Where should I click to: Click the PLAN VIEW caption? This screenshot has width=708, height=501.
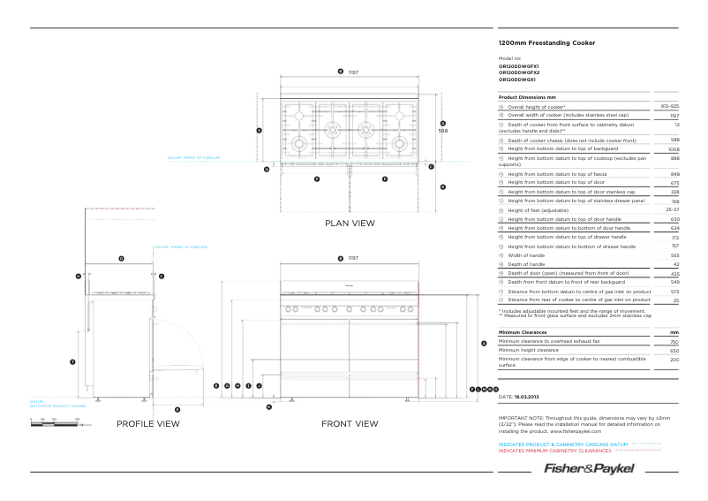pos(350,224)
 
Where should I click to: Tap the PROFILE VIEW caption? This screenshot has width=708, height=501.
pos(148,424)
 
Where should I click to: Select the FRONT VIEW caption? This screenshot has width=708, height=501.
pos(350,424)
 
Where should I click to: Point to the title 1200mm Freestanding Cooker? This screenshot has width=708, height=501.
pos(546,42)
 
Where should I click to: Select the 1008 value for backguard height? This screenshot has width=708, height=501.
pos(673,149)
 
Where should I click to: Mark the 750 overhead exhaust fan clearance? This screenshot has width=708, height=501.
pos(674,341)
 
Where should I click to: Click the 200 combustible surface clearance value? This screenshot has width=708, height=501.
pos(674,360)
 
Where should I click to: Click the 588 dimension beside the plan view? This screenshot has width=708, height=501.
pos(443,131)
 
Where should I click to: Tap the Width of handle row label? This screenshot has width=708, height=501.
pos(526,255)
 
